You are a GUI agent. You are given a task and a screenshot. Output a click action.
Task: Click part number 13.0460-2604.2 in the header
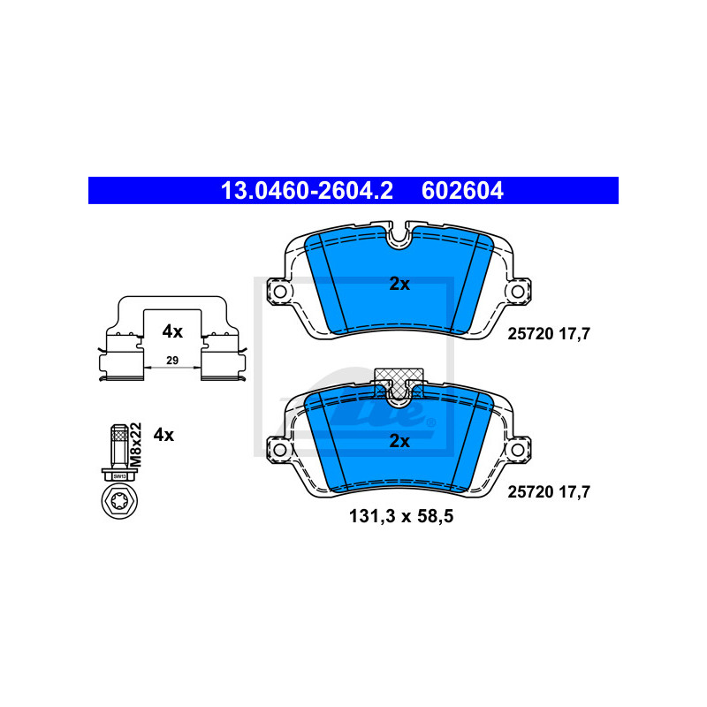pyautogui.click(x=307, y=190)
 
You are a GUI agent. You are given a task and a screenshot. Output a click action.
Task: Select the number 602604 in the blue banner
pyautogui.click(x=462, y=190)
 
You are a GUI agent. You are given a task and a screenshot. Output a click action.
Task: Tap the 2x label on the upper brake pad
pyautogui.click(x=399, y=284)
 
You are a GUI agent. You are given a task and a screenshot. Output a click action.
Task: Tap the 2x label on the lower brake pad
pyautogui.click(x=399, y=441)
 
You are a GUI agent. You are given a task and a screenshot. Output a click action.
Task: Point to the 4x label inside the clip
pyautogui.click(x=172, y=331)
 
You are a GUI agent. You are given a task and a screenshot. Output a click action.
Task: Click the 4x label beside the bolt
pyautogui.click(x=163, y=435)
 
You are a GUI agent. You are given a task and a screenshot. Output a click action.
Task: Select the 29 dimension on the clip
pyautogui.click(x=172, y=361)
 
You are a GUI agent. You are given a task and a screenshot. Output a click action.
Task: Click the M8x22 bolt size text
pyautogui.click(x=136, y=445)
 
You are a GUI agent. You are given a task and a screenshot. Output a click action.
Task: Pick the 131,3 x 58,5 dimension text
pyautogui.click(x=401, y=516)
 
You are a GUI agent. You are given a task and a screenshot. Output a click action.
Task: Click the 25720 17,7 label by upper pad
pyautogui.click(x=549, y=334)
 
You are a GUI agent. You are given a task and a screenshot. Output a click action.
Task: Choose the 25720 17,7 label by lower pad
pyautogui.click(x=549, y=491)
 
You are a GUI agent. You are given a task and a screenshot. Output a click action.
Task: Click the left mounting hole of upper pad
pyautogui.click(x=280, y=292)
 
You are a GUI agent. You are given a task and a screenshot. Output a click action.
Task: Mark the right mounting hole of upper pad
pyautogui.click(x=518, y=292)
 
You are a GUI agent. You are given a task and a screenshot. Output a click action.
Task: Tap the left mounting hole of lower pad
pyautogui.click(x=280, y=450)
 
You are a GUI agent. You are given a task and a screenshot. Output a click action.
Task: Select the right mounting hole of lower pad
pyautogui.click(x=518, y=450)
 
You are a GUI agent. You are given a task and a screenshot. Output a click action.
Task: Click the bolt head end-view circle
pyautogui.click(x=119, y=501)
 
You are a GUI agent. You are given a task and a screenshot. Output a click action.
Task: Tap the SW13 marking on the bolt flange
pyautogui.click(x=119, y=476)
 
